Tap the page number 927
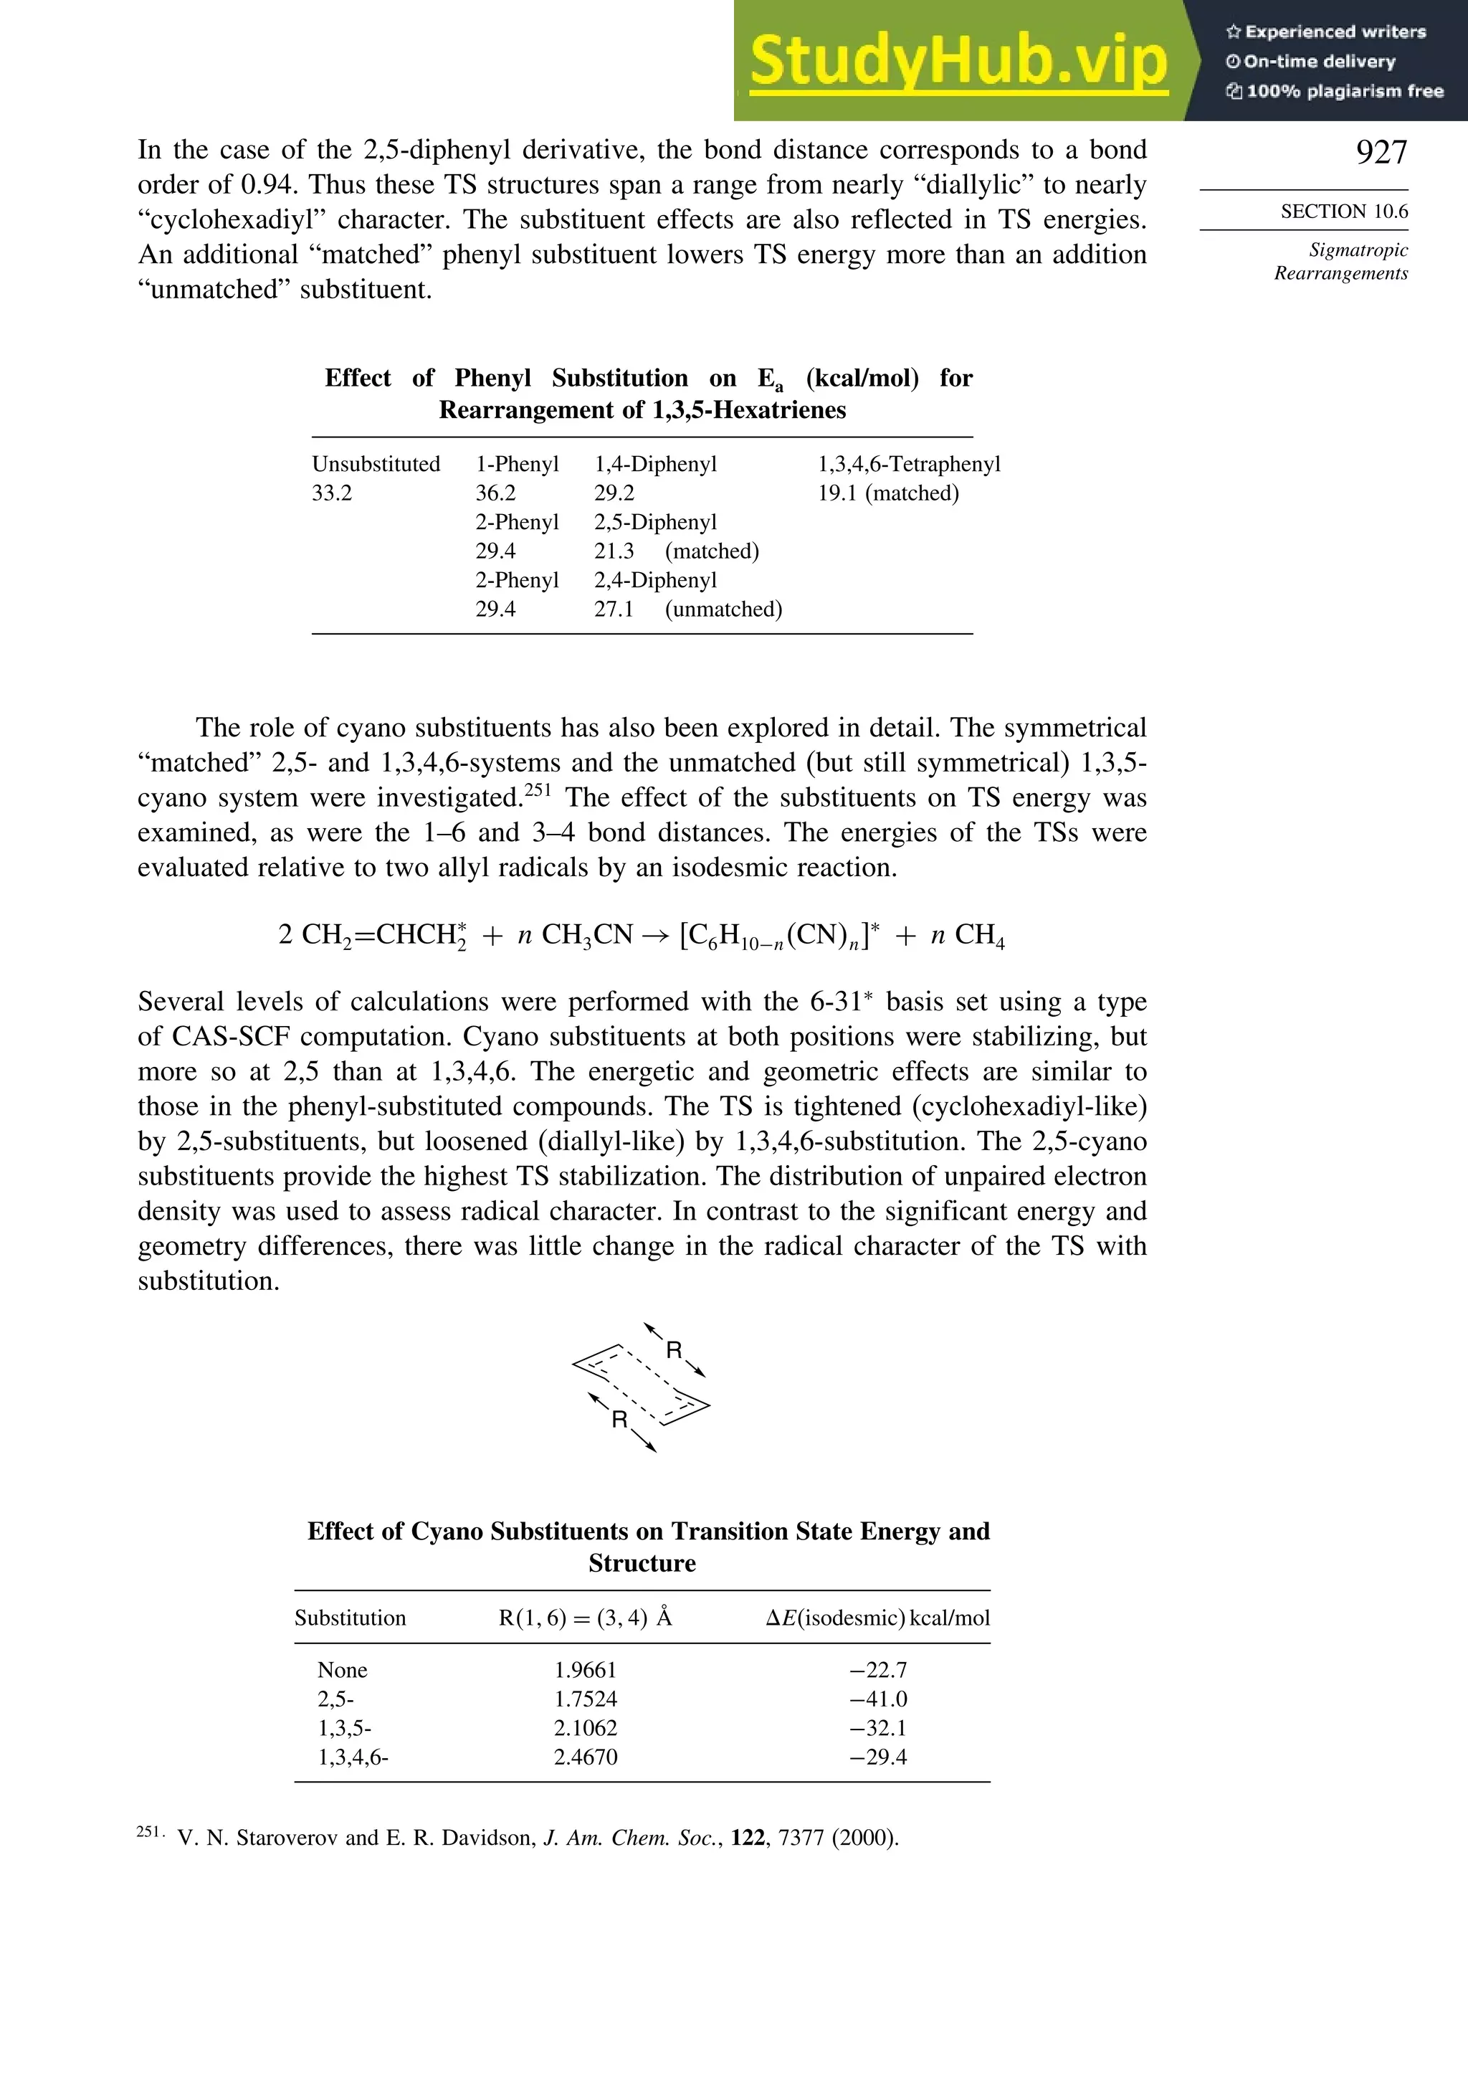pyautogui.click(x=1381, y=153)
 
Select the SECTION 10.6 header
pyautogui.click(x=1344, y=212)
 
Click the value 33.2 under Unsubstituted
pyautogui.click(x=332, y=493)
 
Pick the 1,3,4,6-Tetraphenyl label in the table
pyautogui.click(x=909, y=464)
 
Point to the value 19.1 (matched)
pyautogui.click(x=888, y=493)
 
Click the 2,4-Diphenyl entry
pyautogui.click(x=655, y=580)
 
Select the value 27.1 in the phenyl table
pyautogui.click(x=614, y=609)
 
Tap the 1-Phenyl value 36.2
pyautogui.click(x=495, y=493)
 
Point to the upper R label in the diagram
pyautogui.click(x=675, y=1349)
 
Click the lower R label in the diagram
pyautogui.click(x=619, y=1419)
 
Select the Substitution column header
pyautogui.click(x=350, y=1618)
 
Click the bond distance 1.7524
pyautogui.click(x=586, y=1699)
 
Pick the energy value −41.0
pyautogui.click(x=878, y=1699)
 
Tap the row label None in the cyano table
pyautogui.click(x=343, y=1671)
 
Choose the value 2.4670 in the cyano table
pyautogui.click(x=586, y=1757)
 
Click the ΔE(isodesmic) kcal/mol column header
pyautogui.click(x=877, y=1618)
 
